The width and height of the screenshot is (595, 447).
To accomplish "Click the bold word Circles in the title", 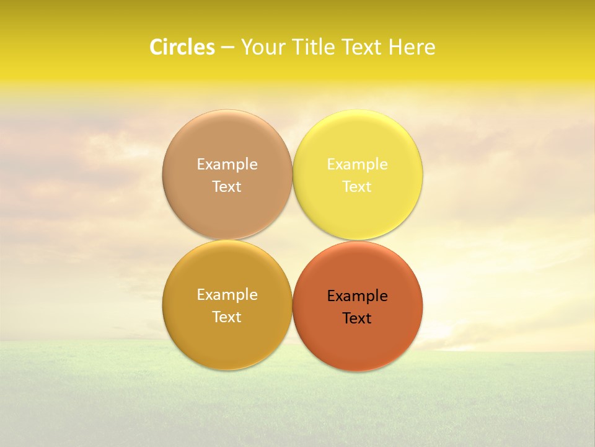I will [182, 47].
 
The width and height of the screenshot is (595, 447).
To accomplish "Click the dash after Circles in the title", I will [227, 48].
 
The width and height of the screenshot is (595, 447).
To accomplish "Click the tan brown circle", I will [227, 140].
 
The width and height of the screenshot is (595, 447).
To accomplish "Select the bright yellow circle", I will [358, 140].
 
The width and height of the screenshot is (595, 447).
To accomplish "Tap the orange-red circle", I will [358, 341].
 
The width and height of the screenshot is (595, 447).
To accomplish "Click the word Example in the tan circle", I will [227, 165].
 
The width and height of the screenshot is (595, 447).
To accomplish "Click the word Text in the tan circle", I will [227, 187].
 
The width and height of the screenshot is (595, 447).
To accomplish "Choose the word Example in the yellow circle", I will [357, 165].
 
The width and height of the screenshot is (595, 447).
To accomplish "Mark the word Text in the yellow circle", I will [357, 187].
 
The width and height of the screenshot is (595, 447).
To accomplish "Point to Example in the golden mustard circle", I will [227, 295].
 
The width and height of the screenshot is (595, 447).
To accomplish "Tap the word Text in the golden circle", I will [227, 317].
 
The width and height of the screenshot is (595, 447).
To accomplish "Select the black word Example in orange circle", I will [357, 296].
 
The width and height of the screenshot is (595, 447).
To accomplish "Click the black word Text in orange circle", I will [357, 318].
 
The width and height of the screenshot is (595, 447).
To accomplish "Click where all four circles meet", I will [293, 240].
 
